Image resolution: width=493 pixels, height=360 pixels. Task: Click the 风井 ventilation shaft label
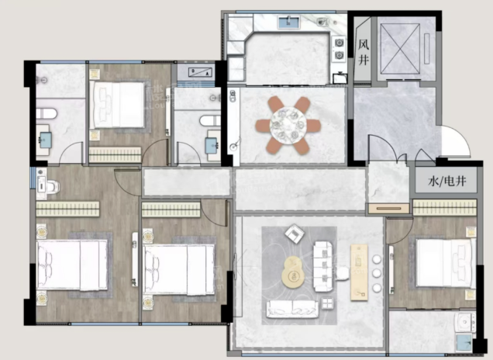[x=363, y=52]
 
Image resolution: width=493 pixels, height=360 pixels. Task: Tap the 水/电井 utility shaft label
[x=446, y=181]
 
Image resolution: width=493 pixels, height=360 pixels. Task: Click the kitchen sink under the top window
[x=288, y=22]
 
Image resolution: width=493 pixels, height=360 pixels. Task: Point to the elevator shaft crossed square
[x=400, y=49]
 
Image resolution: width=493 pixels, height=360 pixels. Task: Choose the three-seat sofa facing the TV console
[x=323, y=266]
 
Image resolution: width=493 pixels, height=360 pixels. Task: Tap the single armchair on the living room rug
[x=295, y=234]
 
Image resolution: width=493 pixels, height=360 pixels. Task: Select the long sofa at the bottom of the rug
[x=292, y=309]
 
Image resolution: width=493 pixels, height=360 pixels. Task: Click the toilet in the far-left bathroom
[x=47, y=113]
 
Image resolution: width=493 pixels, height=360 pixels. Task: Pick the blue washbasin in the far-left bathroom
[x=45, y=140]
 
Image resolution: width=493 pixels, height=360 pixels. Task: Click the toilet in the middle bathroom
[x=210, y=120]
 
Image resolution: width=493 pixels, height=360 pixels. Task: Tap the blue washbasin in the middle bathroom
[x=212, y=145]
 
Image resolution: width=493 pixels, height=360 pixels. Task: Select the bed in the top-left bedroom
[x=117, y=105]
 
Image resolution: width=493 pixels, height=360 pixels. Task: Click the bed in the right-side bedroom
[x=446, y=263]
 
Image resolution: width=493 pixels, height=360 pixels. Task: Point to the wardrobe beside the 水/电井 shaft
[x=445, y=208]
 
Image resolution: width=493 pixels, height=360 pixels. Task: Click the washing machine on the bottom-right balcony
[x=464, y=322]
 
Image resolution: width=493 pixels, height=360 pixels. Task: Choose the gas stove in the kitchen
[x=340, y=49]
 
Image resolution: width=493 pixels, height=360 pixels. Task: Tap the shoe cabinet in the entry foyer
[x=389, y=209]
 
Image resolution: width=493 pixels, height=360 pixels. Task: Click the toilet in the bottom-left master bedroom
[x=48, y=185]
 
